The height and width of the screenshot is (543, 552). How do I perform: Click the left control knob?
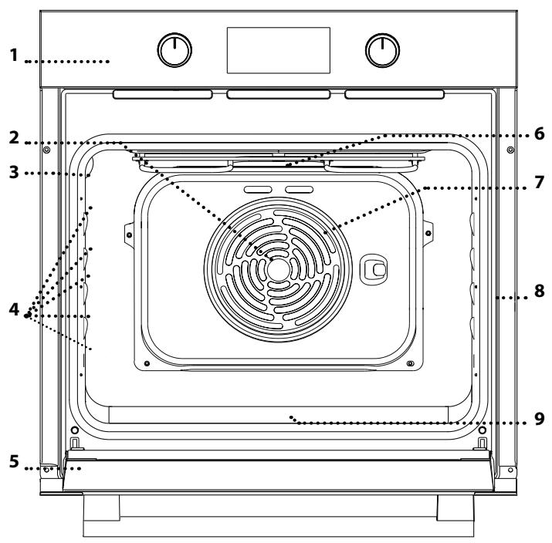(174, 50)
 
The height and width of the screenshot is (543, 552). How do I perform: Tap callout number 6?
(539, 133)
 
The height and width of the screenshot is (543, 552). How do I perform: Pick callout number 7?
(539, 184)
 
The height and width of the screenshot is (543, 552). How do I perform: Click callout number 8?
(539, 292)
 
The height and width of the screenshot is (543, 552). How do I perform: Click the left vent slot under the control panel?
(163, 94)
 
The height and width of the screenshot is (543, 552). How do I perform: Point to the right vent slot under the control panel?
(395, 94)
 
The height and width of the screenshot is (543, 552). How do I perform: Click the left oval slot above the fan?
(255, 189)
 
